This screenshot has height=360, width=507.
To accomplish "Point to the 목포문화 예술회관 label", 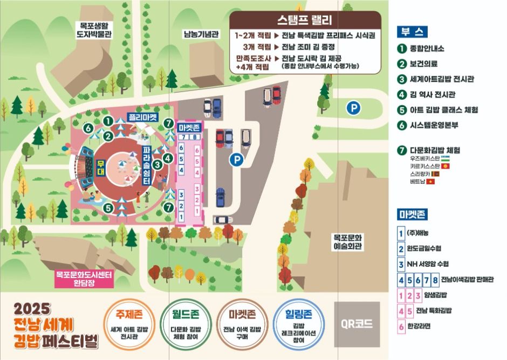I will click(x=348, y=241).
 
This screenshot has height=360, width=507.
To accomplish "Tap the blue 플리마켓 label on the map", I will click(x=143, y=116).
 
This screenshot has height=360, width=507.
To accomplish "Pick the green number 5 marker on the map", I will click(x=108, y=207).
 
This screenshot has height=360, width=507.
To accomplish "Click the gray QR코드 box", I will click(x=357, y=324).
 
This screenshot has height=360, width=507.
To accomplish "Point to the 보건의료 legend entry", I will click(x=426, y=64).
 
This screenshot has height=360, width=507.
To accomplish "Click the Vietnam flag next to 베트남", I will click(x=430, y=182).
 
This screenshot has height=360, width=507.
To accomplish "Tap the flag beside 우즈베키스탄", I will click(x=446, y=159).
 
